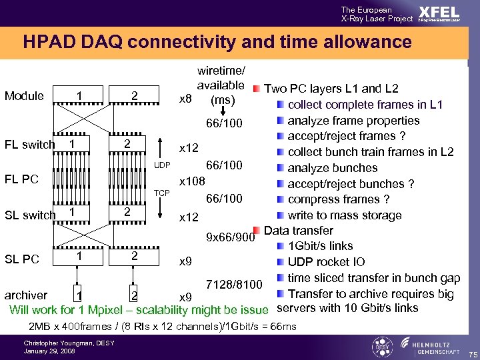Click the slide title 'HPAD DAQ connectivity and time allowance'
[217, 43]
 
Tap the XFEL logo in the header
[438, 14]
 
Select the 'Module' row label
[24, 96]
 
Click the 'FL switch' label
[30, 145]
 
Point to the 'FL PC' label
[22, 179]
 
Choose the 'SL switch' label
[30, 215]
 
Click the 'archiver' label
[26, 295]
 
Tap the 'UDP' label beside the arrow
[163, 165]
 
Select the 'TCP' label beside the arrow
[163, 193]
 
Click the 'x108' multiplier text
[193, 181]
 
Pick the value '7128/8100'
[234, 285]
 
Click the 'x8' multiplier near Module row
[187, 100]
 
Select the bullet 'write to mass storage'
[344, 215]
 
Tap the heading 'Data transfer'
[298, 231]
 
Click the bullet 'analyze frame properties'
[353, 121]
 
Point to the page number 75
[472, 353]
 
